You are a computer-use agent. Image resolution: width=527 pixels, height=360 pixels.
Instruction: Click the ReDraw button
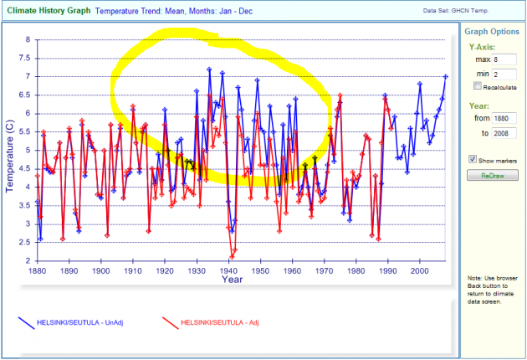coord(493,175)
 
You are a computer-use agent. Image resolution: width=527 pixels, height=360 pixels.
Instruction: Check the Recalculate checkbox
coord(477,85)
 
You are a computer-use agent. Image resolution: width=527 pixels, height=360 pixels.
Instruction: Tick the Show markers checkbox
coord(473,159)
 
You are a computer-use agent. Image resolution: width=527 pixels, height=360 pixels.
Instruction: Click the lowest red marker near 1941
coord(232,257)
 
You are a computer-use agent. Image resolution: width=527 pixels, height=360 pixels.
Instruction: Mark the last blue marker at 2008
coord(446,76)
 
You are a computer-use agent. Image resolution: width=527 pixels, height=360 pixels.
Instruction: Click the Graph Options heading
coord(491,31)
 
